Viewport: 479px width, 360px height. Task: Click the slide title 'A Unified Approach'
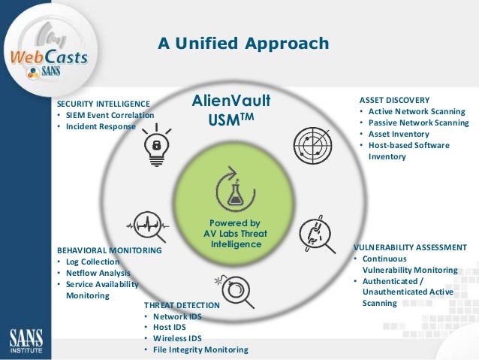point(243,44)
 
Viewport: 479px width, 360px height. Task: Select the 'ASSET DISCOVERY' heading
point(394,100)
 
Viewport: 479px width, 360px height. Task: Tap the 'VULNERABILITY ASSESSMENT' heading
point(410,247)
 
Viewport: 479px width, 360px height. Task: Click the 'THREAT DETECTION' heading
point(182,305)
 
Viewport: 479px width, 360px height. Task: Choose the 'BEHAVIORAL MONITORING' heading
point(110,250)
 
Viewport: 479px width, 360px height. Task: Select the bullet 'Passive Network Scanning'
point(417,123)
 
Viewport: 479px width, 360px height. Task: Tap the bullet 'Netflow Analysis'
point(98,273)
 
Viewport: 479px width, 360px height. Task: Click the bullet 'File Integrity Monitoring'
point(200,349)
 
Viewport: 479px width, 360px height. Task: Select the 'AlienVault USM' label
point(230,110)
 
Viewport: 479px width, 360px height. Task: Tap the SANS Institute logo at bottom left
point(26,337)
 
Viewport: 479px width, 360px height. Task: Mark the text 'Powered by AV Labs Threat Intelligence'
point(235,234)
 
